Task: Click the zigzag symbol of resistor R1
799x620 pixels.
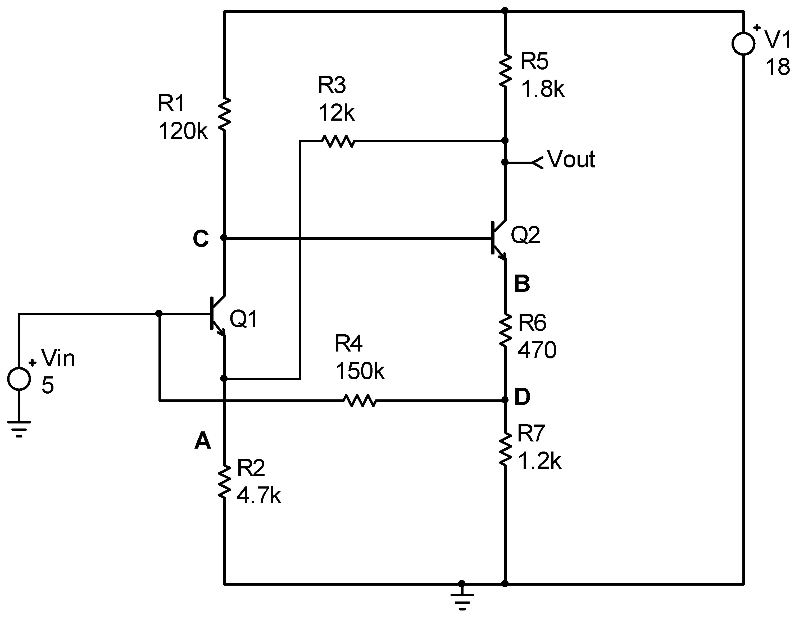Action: (224, 114)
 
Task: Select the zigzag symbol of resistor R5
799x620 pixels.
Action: (505, 71)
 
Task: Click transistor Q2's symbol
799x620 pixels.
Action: (498, 239)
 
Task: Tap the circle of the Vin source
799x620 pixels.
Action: (19, 379)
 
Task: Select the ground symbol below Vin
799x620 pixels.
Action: (19, 429)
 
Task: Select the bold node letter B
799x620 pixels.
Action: (522, 284)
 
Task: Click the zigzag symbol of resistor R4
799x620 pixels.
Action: (360, 400)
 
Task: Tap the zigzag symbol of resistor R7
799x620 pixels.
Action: (505, 449)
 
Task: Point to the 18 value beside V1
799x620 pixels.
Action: (777, 68)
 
